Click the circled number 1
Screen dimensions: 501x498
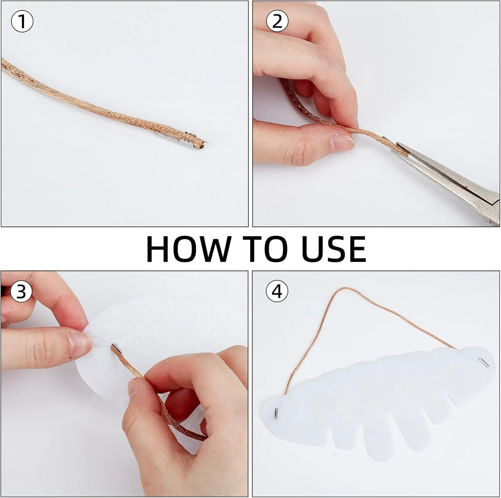(22, 21)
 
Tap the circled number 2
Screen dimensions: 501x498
(277, 21)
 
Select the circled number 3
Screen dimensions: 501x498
(21, 292)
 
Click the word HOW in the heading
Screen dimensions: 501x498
(189, 249)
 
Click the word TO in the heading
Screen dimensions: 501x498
(266, 249)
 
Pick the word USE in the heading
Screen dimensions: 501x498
(334, 249)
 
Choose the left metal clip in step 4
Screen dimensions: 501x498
(276, 414)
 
